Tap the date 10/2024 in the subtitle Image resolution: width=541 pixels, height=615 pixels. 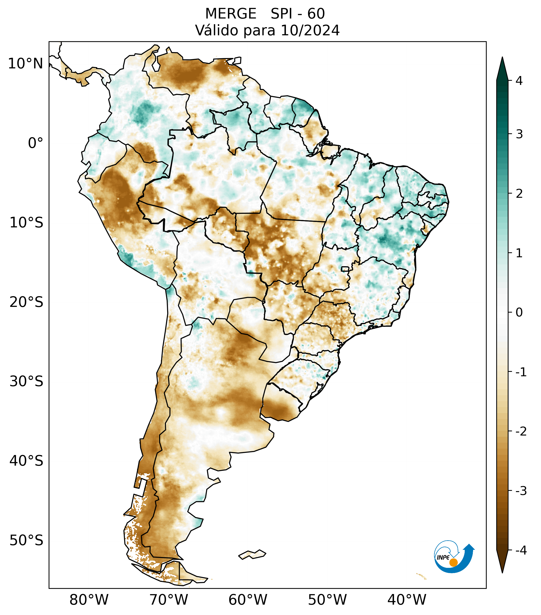pyautogui.click(x=310, y=30)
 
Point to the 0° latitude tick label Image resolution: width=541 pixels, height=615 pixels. pyautogui.click(x=36, y=143)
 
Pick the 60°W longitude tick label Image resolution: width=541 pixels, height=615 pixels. pyautogui.click(x=248, y=600)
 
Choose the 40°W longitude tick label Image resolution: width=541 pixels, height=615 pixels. pyautogui.click(x=407, y=600)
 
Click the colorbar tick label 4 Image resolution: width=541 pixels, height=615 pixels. pyautogui.click(x=519, y=81)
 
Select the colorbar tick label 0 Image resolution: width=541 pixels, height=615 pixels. pyautogui.click(x=519, y=313)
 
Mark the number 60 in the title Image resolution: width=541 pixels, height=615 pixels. pyautogui.click(x=316, y=14)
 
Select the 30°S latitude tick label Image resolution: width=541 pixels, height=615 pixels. pyautogui.click(x=26, y=381)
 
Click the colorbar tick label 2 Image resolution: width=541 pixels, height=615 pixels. pyautogui.click(x=519, y=194)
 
